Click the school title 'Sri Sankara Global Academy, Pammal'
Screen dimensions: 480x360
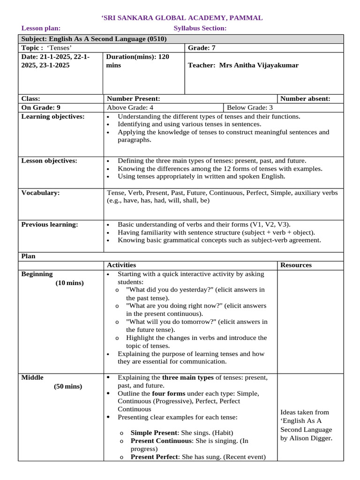(x=182, y=18)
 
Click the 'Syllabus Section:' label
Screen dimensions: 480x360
(x=200, y=29)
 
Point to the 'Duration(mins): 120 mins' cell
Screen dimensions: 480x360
(x=138, y=61)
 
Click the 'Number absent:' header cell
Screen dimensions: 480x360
(x=306, y=98)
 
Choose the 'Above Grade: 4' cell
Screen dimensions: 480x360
(x=130, y=107)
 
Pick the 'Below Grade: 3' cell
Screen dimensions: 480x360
(x=250, y=107)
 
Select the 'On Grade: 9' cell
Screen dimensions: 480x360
(x=41, y=107)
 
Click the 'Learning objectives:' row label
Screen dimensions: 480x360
(x=53, y=116)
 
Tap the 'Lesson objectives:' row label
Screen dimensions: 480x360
(x=49, y=161)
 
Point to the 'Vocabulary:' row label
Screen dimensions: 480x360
(x=40, y=193)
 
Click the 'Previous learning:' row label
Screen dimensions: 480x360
(x=50, y=225)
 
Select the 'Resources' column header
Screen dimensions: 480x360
(x=296, y=265)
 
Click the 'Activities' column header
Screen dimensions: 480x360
(x=121, y=265)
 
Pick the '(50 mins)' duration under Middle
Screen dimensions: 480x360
(x=67, y=386)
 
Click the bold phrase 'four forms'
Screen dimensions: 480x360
(x=169, y=393)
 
